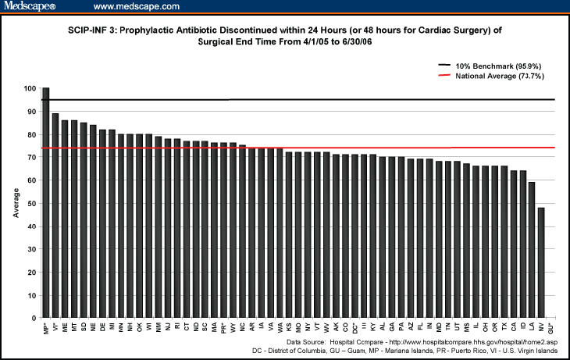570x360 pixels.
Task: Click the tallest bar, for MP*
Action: point(45,203)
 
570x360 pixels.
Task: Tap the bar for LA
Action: point(533,250)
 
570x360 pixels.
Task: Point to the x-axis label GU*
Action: point(551,327)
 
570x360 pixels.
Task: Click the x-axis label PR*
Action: point(223,327)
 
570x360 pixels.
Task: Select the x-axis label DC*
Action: point(354,327)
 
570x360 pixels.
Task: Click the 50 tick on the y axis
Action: point(33,204)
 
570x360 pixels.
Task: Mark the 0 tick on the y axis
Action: point(35,319)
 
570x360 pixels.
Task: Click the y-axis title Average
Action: point(16,203)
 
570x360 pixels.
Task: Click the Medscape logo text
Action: point(28,7)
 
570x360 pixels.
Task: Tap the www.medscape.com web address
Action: point(137,7)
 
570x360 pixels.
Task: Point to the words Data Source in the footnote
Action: point(306,342)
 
